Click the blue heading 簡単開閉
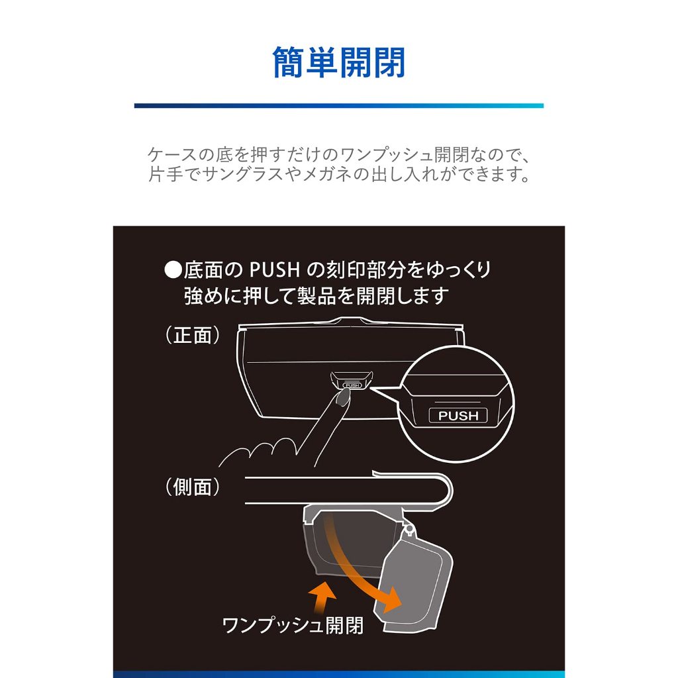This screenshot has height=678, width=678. point(339,63)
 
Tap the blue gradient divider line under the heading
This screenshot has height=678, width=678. point(339,105)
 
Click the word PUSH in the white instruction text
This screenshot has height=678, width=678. point(275,270)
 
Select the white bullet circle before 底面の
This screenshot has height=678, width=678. point(173,270)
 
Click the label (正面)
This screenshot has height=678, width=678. point(193,335)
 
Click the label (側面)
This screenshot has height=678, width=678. point(193,487)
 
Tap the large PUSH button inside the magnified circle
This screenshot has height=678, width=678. point(458,416)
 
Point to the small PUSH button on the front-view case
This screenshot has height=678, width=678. point(352,385)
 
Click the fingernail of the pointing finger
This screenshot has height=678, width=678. point(344,397)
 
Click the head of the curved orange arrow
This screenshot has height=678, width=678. point(391,599)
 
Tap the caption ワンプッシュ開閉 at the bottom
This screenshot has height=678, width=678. point(293,625)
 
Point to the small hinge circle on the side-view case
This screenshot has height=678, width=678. point(409,528)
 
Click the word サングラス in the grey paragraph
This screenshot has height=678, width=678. point(244,174)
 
